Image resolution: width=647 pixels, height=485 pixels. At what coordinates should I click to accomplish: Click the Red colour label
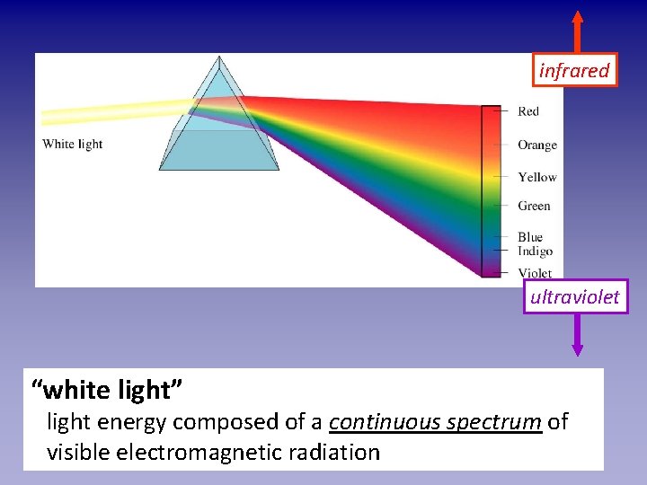pyautogui.click(x=528, y=111)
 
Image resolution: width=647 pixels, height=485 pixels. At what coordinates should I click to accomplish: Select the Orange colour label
pyautogui.click(x=536, y=145)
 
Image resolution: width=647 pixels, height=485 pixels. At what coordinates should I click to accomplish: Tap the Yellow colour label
pyautogui.click(x=536, y=177)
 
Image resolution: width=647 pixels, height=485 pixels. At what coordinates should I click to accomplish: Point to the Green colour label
pyautogui.click(x=534, y=206)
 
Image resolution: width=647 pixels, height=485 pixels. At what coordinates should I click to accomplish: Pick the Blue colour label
pyautogui.click(x=530, y=237)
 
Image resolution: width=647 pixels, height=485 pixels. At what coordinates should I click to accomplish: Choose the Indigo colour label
pyautogui.click(x=535, y=251)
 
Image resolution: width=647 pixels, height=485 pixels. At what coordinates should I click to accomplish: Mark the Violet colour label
pyautogui.click(x=535, y=273)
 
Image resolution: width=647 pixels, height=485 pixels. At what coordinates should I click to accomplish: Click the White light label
pyautogui.click(x=72, y=144)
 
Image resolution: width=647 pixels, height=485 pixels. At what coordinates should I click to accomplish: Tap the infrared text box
pyautogui.click(x=574, y=70)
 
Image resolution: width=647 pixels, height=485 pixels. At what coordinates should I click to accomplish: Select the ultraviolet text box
pyautogui.click(x=575, y=297)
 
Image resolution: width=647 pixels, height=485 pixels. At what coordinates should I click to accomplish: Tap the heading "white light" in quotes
pyautogui.click(x=107, y=390)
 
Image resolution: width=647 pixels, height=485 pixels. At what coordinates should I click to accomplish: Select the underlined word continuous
pyautogui.click(x=384, y=421)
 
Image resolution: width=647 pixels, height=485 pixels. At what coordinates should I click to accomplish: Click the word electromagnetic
pyautogui.click(x=217, y=452)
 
